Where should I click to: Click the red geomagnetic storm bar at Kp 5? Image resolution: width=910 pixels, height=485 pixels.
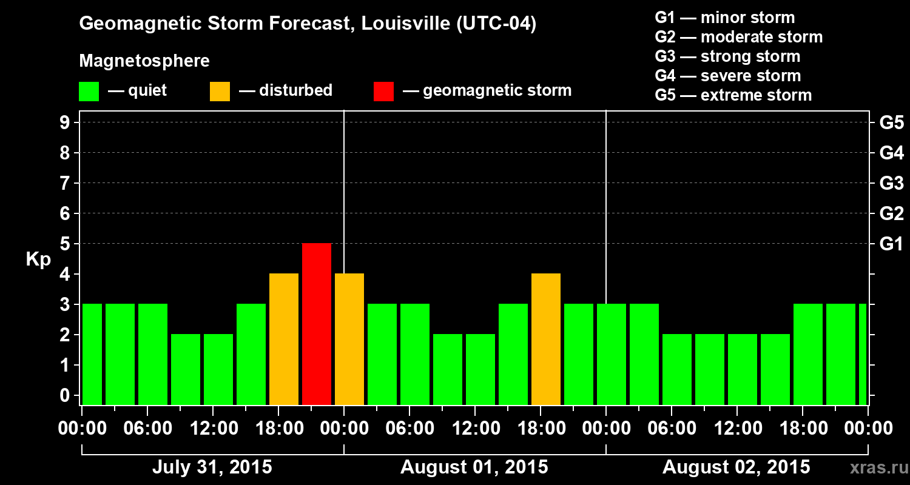[x=317, y=324]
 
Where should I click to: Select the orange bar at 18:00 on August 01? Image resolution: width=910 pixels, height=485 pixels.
[x=546, y=339]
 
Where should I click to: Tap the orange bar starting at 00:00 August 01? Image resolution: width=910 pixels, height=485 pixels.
[x=349, y=339]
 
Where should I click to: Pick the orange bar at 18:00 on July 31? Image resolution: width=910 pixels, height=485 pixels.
[x=284, y=339]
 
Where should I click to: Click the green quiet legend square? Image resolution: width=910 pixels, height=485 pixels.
[x=89, y=91]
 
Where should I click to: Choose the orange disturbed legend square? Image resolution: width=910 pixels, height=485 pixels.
[x=220, y=91]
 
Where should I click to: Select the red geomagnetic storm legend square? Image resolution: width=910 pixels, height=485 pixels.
[x=383, y=91]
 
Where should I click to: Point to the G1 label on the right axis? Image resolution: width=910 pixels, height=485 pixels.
[x=891, y=244]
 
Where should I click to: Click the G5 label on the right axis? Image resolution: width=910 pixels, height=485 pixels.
[x=891, y=122]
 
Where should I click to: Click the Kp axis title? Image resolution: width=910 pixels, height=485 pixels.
[x=38, y=259]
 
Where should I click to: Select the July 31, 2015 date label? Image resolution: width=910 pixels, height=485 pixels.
[x=212, y=467]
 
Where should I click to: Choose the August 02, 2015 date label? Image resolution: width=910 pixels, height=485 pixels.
[x=736, y=467]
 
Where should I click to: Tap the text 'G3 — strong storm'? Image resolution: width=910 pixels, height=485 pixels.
[x=727, y=56]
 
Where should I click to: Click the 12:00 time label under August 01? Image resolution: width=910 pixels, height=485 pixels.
[x=475, y=429]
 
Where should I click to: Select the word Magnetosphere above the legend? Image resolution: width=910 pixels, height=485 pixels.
[x=144, y=61]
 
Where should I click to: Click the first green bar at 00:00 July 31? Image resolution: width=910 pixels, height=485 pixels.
[x=92, y=354]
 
